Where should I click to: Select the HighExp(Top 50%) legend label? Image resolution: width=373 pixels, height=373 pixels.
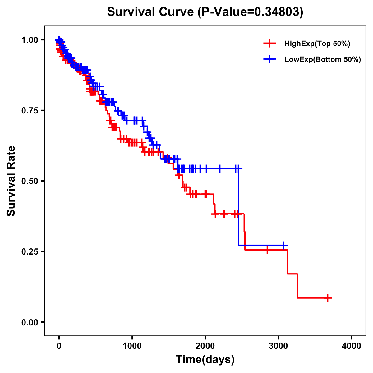pyautogui.click(x=317, y=44)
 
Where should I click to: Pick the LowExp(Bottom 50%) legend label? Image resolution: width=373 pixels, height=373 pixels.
pyautogui.click(x=323, y=60)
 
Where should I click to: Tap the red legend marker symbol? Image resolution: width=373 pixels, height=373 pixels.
pyautogui.click(x=269, y=44)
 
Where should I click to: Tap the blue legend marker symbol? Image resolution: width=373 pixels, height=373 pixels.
pyautogui.click(x=269, y=59)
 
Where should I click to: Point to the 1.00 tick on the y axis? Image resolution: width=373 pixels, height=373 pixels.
pyautogui.click(x=30, y=40)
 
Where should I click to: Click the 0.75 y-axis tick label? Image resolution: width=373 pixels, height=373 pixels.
pyautogui.click(x=30, y=110)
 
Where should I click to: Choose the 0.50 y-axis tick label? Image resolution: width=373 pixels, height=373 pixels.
pyautogui.click(x=30, y=181)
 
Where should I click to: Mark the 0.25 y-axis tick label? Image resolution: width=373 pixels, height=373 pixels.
pyautogui.click(x=30, y=251)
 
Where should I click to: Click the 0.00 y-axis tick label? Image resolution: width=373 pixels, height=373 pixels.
pyautogui.click(x=30, y=322)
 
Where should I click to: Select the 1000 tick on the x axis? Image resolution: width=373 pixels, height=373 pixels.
pyautogui.click(x=132, y=346)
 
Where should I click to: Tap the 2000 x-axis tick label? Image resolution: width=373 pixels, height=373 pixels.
pyautogui.click(x=205, y=346)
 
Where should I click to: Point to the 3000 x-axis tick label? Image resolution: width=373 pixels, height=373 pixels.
pyautogui.click(x=279, y=346)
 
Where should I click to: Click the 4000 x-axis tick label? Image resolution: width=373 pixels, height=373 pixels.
pyautogui.click(x=352, y=346)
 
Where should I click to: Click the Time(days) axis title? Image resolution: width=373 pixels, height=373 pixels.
pyautogui.click(x=205, y=360)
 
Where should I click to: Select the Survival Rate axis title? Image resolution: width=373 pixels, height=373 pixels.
pyautogui.click(x=11, y=181)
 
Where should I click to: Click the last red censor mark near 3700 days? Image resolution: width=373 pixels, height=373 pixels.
pyautogui.click(x=327, y=298)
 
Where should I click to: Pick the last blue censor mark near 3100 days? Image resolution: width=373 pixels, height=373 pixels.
pyautogui.click(x=283, y=245)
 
